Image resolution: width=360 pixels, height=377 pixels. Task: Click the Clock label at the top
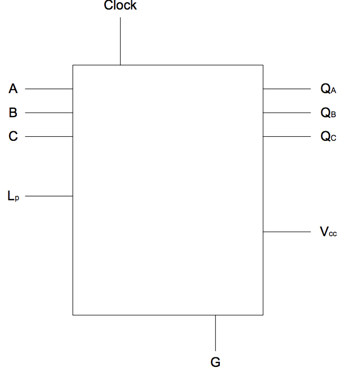click(120, 6)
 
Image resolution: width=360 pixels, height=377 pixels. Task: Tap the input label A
click(13, 89)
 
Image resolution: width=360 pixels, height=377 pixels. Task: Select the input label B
click(13, 113)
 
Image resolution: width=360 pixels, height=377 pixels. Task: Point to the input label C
click(13, 136)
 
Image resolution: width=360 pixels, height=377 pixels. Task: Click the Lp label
click(13, 196)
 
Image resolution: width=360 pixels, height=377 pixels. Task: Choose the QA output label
click(328, 89)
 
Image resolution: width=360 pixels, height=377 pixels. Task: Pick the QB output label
click(328, 113)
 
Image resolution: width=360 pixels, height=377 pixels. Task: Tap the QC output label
click(328, 136)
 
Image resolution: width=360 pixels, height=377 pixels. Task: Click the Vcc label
click(328, 232)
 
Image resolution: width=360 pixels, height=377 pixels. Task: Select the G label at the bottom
click(215, 362)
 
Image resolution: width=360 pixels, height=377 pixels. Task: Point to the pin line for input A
click(49, 89)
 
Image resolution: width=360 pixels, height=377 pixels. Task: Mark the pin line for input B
click(49, 113)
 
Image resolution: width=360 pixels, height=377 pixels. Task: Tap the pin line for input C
click(49, 136)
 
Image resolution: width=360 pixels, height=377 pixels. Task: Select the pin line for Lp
click(49, 196)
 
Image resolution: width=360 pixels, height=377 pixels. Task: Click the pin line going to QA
click(287, 89)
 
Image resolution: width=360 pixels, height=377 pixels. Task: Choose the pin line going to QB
click(287, 113)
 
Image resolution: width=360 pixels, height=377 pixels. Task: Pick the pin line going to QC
click(287, 136)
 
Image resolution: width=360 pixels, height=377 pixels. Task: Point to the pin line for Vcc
click(287, 232)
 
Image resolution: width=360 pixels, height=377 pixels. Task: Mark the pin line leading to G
click(215, 332)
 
